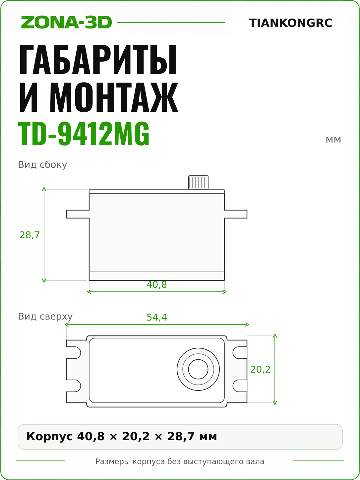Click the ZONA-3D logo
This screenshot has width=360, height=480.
click(x=66, y=22)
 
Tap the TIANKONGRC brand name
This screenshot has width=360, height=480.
click(x=290, y=23)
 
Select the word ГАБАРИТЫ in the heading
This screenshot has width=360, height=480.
click(x=98, y=59)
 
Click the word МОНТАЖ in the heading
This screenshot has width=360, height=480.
click(x=114, y=97)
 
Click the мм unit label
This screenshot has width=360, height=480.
click(x=333, y=140)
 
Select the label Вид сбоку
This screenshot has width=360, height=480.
click(x=42, y=165)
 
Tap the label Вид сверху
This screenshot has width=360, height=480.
click(x=45, y=317)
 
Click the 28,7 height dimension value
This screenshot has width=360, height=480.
click(x=30, y=235)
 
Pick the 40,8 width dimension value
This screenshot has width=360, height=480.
click(x=157, y=284)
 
